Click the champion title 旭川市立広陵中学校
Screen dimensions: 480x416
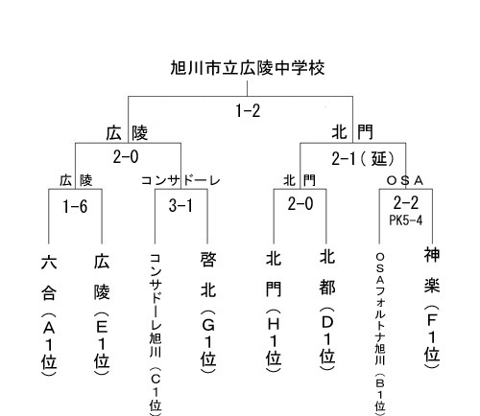coord(248,68)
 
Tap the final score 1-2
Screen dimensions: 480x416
coord(248,111)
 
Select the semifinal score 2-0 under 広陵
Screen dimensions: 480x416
coord(126,157)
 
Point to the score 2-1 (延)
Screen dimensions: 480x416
coord(363,158)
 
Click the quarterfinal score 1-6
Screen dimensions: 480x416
coord(75,206)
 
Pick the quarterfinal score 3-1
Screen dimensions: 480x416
coord(180,205)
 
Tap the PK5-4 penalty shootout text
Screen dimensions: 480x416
coord(406,220)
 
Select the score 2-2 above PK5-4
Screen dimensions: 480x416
coord(406,203)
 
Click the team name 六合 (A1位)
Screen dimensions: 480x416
coord(49,315)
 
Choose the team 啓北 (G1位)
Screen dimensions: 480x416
coord(208,312)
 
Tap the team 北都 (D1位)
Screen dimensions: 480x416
coord(327,310)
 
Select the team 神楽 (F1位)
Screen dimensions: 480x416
coord(432,308)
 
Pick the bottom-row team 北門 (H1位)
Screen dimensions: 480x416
coord(274,312)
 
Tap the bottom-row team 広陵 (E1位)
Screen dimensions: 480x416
coord(102,314)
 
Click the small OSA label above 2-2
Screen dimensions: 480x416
coord(405,181)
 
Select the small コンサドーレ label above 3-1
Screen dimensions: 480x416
coord(180,181)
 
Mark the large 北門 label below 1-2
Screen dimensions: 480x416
coord(352,132)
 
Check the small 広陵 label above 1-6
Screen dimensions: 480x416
coord(76,181)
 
